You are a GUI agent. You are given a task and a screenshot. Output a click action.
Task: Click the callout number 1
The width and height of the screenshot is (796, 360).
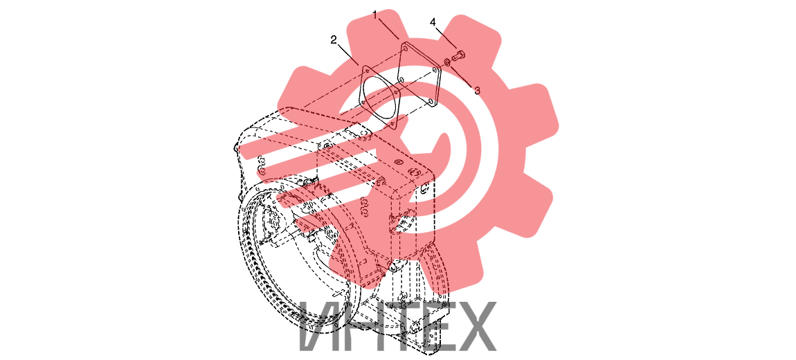click(375, 15)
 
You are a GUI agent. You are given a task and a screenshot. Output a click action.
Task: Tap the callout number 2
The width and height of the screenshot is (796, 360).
click(334, 40)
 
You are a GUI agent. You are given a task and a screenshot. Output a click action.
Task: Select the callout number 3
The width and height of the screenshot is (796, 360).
click(477, 91)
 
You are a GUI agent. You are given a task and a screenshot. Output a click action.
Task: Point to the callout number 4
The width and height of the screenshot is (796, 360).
click(433, 22)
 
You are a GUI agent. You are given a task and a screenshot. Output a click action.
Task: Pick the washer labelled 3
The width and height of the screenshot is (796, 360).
click(447, 62)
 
